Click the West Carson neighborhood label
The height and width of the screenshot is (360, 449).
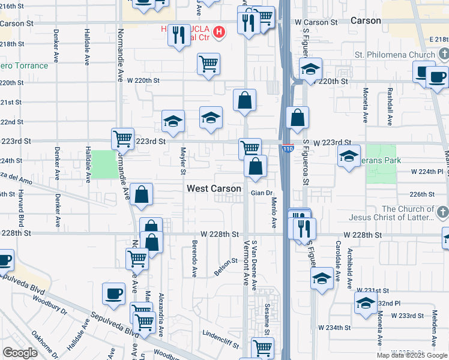pos(214,188)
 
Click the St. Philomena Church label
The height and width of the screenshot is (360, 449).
pos(394,55)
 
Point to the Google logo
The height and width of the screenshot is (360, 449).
pos(20,353)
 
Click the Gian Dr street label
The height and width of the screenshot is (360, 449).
pos(262,193)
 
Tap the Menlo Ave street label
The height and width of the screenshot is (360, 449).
pos(274,212)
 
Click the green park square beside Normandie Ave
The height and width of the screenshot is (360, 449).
pos(105,164)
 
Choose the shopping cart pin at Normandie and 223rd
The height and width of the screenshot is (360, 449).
pos(122,138)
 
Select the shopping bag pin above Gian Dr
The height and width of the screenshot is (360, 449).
pos(255,166)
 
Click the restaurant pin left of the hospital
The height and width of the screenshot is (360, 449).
pos(179,35)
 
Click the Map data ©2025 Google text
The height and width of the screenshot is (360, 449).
pos(412,355)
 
